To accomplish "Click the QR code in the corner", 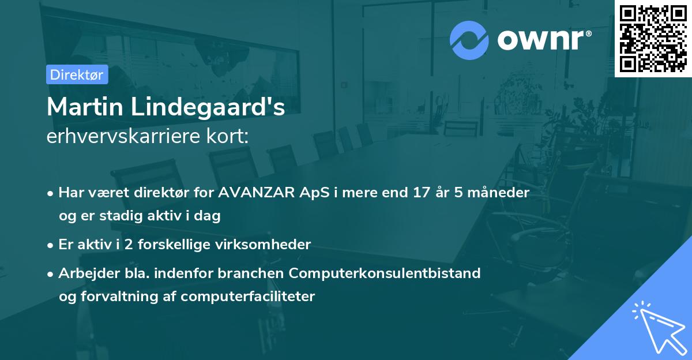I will click(653, 38).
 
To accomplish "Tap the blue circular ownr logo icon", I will click(469, 40).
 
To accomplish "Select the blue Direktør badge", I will click(77, 74).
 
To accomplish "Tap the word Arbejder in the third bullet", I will click(85, 273).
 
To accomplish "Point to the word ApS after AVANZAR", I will click(310, 193).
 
